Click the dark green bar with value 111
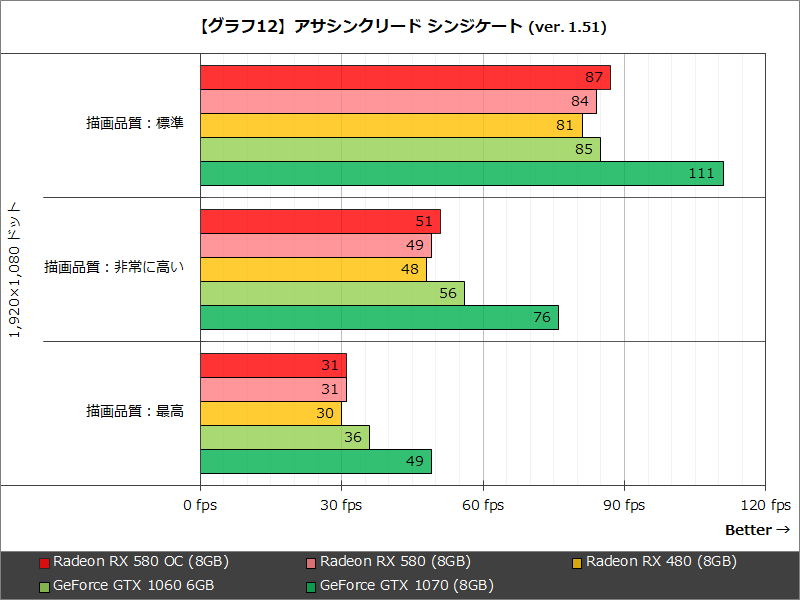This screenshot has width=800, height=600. point(461,174)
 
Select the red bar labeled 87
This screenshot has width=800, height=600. point(405,78)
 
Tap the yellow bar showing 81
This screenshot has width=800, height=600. point(391,126)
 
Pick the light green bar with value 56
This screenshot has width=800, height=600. point(332,294)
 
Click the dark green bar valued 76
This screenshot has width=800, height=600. point(379,318)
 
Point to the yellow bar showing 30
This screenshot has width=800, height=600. point(271,414)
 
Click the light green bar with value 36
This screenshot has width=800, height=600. point(285,438)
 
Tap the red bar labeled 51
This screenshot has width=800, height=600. point(320,222)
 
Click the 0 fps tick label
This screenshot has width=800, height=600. point(200,505)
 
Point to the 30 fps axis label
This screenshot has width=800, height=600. point(341,505)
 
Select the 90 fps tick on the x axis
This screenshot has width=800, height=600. point(624,505)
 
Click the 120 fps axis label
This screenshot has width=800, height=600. point(765,505)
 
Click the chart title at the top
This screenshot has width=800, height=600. point(400,27)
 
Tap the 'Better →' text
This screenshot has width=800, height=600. point(757,530)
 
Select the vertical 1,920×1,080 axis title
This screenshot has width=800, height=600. point(15,270)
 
